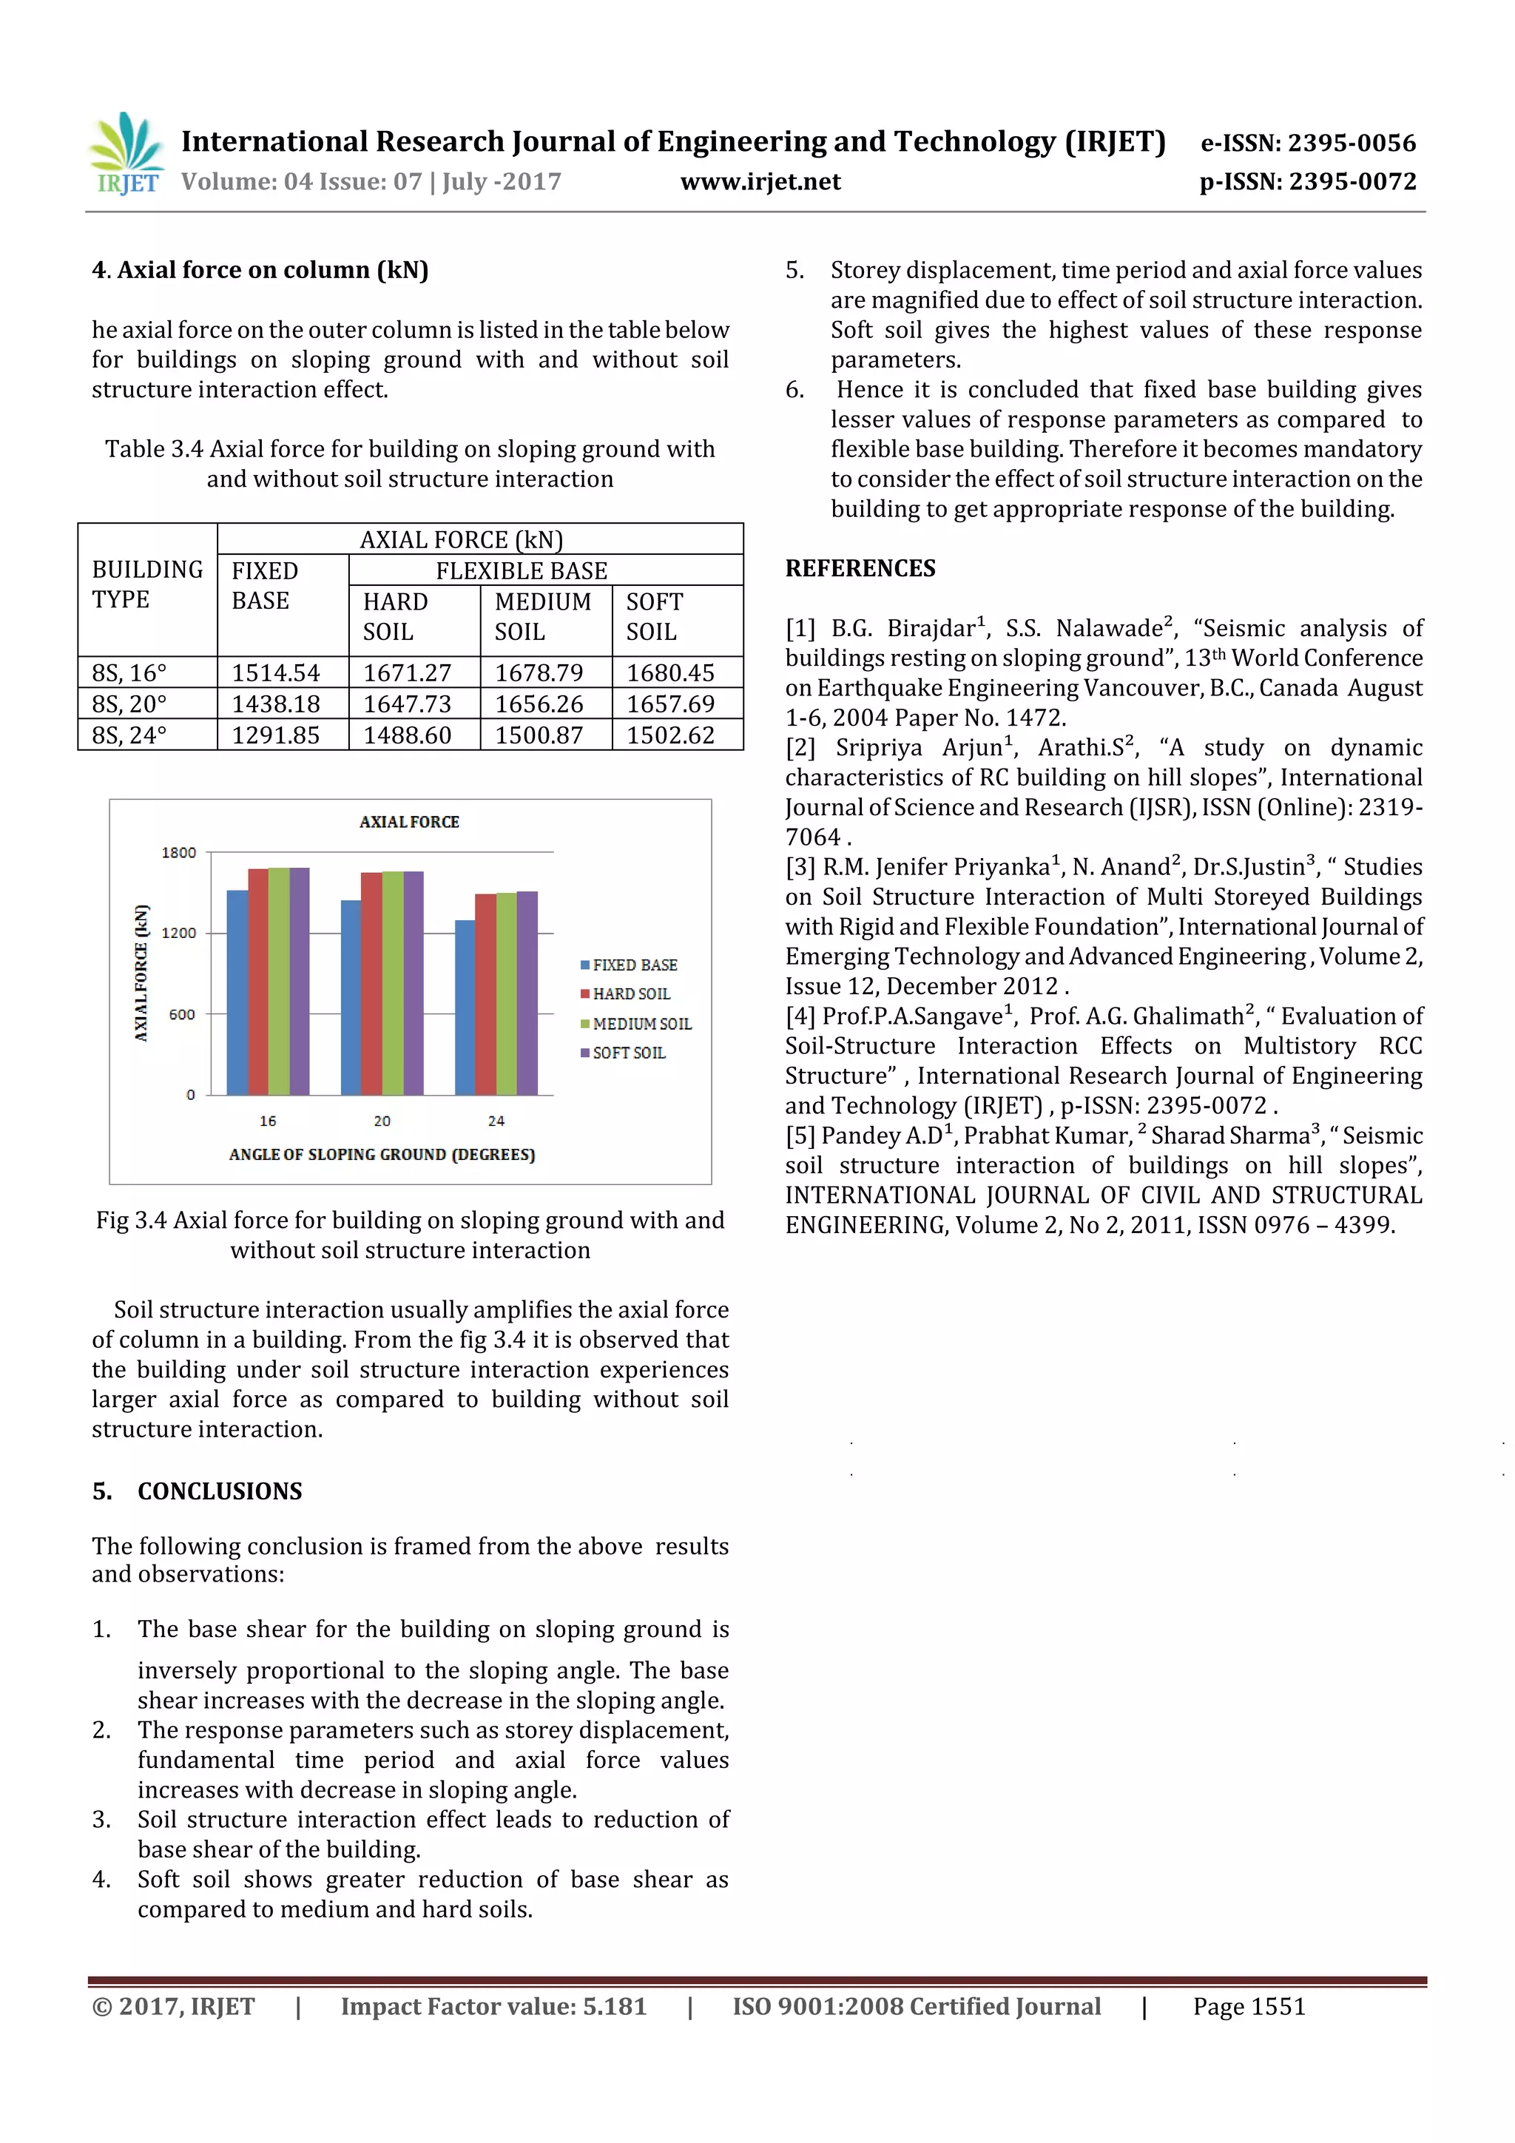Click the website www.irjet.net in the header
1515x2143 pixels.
760,181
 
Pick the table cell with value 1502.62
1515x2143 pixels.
670,735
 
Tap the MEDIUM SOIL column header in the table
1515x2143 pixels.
543,616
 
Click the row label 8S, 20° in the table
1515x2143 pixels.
129,703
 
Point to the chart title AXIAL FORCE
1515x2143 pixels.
409,821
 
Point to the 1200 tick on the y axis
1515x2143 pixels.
179,932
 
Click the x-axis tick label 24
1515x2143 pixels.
496,1120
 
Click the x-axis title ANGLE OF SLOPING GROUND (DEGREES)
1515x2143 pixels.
382,1155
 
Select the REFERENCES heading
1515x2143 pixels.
860,568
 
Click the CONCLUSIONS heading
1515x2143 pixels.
220,1491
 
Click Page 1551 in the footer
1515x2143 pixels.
1248,2006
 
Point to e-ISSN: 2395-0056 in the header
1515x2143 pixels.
1308,143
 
